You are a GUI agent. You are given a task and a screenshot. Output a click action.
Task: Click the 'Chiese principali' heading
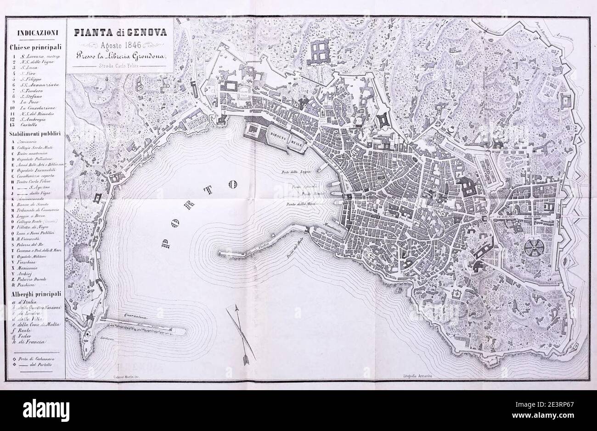tap(35, 47)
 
